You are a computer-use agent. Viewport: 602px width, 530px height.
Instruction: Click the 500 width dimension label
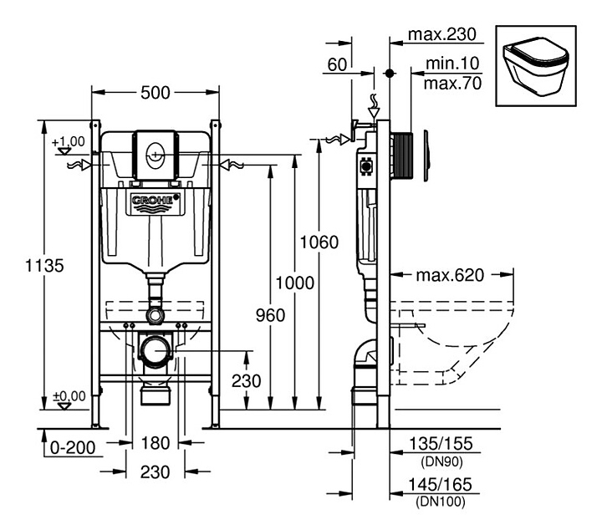156,93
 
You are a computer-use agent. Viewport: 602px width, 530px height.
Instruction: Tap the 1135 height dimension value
44,266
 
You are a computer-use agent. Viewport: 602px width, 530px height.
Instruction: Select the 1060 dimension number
319,242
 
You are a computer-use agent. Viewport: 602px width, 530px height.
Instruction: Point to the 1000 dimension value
295,283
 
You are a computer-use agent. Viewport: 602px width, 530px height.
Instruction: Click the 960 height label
270,315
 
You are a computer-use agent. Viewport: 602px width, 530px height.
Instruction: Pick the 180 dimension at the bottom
156,443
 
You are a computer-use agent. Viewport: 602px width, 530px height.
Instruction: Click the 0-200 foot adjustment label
73,447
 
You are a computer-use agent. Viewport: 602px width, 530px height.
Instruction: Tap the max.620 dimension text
450,275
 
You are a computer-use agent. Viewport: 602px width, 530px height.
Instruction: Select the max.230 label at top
442,34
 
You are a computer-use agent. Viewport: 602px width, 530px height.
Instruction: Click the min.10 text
452,63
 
